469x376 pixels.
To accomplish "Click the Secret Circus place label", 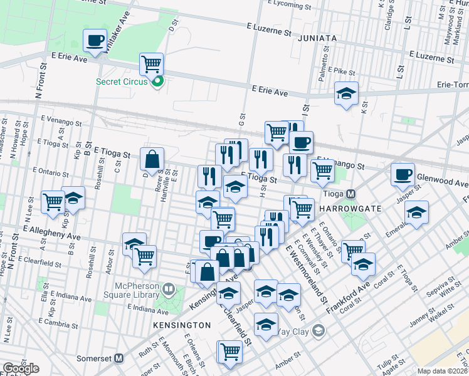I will pyautogui.click(x=121, y=81).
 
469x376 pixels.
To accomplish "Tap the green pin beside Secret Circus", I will pyautogui.click(x=158, y=81).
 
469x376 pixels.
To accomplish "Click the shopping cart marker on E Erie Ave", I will pyautogui.click(x=151, y=64).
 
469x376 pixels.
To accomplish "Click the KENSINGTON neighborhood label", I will pyautogui.click(x=182, y=326).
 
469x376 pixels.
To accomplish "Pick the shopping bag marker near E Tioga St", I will pyautogui.click(x=152, y=160).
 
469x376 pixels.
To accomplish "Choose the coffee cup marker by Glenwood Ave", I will pyautogui.click(x=403, y=175).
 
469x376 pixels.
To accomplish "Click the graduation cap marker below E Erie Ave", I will pyautogui.click(x=346, y=93).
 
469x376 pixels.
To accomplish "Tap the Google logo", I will pyautogui.click(x=21, y=368).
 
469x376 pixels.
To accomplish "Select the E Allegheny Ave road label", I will pyautogui.click(x=52, y=234).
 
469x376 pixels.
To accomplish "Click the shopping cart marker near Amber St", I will pyautogui.click(x=230, y=352).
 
